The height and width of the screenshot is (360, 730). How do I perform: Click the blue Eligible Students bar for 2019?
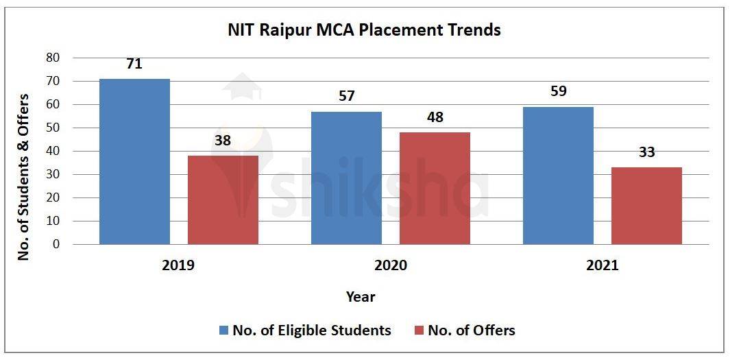134,161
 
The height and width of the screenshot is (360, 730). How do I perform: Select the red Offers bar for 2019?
223,200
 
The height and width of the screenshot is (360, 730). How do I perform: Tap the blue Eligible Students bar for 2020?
346,178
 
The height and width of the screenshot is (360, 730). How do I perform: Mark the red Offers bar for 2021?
646,206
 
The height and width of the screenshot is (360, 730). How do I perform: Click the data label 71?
134,64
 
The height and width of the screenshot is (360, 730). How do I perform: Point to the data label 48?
435,117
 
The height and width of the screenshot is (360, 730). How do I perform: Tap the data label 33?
646,152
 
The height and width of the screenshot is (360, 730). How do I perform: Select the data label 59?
558,91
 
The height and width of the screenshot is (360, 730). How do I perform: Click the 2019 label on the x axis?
178,265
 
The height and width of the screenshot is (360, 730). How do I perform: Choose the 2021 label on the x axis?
602,265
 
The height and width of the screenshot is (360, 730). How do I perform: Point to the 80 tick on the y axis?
53,58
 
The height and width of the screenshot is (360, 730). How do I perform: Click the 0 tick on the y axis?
56,244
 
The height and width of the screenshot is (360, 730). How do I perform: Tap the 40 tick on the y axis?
53,151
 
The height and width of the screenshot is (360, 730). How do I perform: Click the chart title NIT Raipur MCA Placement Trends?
364,30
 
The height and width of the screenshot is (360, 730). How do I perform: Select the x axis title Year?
361,297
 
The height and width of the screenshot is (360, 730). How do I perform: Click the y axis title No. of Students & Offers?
24,176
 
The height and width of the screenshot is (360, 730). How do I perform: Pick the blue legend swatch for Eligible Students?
223,331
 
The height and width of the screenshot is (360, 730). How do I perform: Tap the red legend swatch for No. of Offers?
419,331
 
